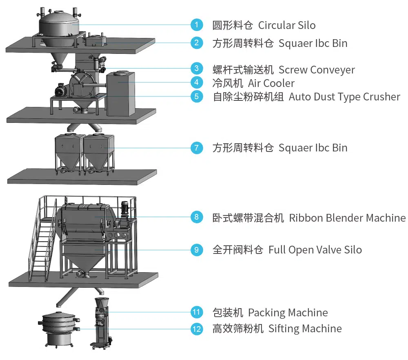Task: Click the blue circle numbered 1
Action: coord(197,24)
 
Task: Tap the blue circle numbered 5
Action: coord(197,96)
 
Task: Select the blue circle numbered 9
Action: coord(197,249)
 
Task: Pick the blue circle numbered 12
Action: coord(197,328)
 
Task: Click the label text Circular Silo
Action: coord(287,25)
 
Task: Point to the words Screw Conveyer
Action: coord(317,70)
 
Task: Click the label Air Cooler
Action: coord(271,83)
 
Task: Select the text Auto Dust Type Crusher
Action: coord(344,97)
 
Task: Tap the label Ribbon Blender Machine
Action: coord(347,218)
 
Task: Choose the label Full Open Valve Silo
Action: coord(315,250)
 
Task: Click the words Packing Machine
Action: coord(288,313)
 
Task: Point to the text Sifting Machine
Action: coord(305,328)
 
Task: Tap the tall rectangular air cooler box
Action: coord(120,93)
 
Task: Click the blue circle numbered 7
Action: coord(197,147)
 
